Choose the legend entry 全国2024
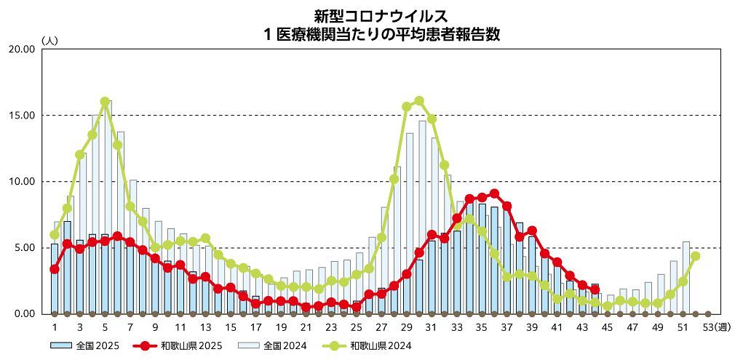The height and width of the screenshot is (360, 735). click(277, 345)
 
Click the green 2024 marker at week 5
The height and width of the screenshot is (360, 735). click(105, 102)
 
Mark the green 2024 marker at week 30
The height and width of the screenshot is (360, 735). click(419, 101)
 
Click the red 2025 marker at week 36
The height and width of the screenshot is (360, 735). click(494, 193)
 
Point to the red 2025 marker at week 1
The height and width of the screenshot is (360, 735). click(55, 269)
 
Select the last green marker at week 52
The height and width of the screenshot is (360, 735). click(695, 256)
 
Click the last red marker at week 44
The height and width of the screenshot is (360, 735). click(595, 289)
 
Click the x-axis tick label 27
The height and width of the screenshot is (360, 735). click(381, 328)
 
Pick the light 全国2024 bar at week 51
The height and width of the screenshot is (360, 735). click(686, 276)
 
